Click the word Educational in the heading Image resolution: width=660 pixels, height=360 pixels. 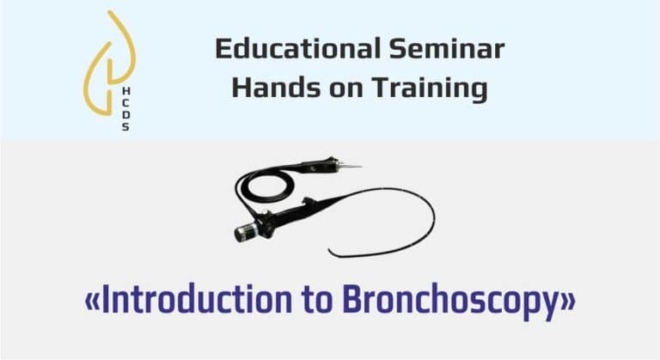298,48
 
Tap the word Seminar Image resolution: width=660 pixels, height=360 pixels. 447,48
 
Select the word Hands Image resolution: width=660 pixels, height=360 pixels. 276,88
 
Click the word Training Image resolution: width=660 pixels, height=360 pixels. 430,89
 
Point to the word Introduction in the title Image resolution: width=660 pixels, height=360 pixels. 197,299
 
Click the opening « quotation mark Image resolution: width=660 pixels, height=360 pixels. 92,302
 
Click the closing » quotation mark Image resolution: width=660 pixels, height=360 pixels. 569,302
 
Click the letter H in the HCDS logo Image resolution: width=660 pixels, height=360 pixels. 125,91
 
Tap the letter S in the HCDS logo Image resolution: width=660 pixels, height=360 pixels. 125,126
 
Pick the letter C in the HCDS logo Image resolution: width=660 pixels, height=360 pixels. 125,103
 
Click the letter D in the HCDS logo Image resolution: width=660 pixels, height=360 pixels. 125,114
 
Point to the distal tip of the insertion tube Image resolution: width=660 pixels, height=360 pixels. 330,252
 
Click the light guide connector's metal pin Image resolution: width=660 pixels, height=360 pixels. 351,166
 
